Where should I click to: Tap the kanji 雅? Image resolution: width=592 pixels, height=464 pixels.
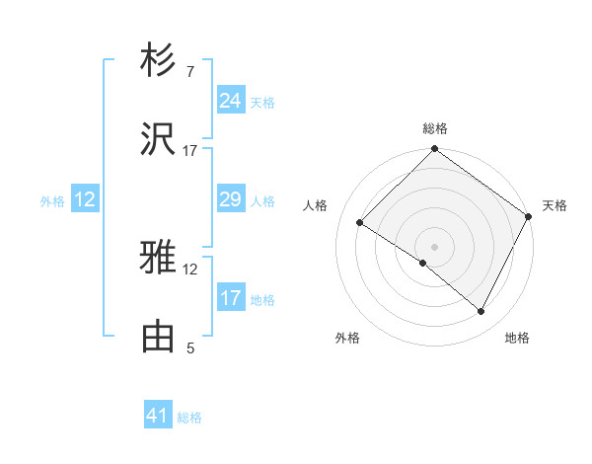159,259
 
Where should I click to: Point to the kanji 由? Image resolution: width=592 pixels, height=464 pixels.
159,336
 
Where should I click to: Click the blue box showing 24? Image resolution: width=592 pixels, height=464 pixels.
230,101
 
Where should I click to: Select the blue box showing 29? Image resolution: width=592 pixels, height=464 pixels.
230,199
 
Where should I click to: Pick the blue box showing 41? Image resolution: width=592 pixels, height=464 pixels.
158,416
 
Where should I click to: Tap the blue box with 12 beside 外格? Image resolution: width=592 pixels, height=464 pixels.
84,199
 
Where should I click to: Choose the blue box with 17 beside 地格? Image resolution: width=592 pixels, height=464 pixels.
230,298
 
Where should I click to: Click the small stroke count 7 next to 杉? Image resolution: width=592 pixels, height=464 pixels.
190,73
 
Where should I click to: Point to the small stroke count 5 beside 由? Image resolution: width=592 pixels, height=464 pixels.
190,348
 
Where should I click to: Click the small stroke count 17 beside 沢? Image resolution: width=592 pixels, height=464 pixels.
190,150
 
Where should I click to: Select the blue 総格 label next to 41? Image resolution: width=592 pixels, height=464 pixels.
189,418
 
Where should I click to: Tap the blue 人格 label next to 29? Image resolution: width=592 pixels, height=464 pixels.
262,200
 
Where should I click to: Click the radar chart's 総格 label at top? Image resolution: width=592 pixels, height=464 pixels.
434,128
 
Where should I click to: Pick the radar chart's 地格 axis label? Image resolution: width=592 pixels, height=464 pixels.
517,339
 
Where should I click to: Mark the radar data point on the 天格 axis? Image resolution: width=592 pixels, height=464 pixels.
529,216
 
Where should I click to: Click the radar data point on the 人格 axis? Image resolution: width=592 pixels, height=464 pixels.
359,222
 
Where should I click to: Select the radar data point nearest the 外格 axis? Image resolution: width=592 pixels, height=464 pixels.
423,263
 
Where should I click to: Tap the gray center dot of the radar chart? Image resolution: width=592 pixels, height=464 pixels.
434,246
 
